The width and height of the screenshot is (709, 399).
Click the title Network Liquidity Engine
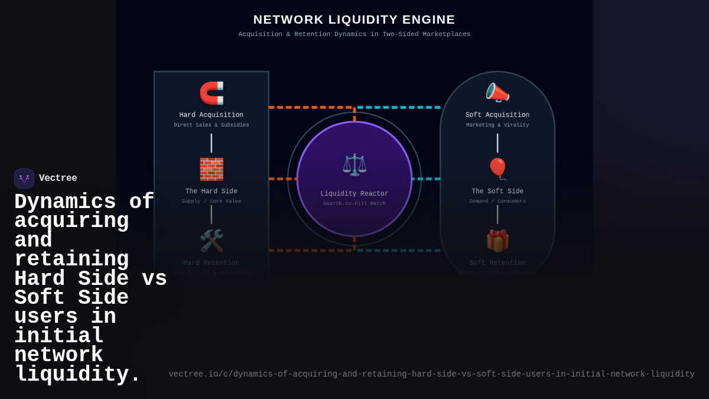point(354,20)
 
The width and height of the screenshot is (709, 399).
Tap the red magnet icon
point(212,93)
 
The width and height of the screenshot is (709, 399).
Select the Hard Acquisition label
point(211,115)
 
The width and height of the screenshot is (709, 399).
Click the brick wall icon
point(212,169)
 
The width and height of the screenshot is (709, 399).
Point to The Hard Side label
point(211,192)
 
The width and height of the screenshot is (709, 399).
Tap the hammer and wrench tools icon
point(212,241)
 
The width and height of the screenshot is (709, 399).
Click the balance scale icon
point(354,164)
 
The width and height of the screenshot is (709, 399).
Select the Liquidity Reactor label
point(354,194)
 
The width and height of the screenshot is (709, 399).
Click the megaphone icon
point(497,93)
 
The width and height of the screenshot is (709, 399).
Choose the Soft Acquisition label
point(497,115)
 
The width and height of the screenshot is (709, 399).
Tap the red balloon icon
point(497,169)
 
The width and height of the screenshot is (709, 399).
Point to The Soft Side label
point(497,192)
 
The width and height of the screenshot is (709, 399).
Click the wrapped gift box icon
point(497,241)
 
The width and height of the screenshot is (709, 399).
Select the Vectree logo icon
point(24,179)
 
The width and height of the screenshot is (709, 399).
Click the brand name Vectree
point(58,179)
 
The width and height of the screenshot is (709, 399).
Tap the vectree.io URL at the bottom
point(431,374)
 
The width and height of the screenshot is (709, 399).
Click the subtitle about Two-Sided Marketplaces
point(354,34)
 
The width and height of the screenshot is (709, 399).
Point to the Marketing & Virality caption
point(497,125)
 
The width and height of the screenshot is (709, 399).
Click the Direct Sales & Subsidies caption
point(211,125)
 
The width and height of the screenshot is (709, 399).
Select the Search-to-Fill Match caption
point(354,204)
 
